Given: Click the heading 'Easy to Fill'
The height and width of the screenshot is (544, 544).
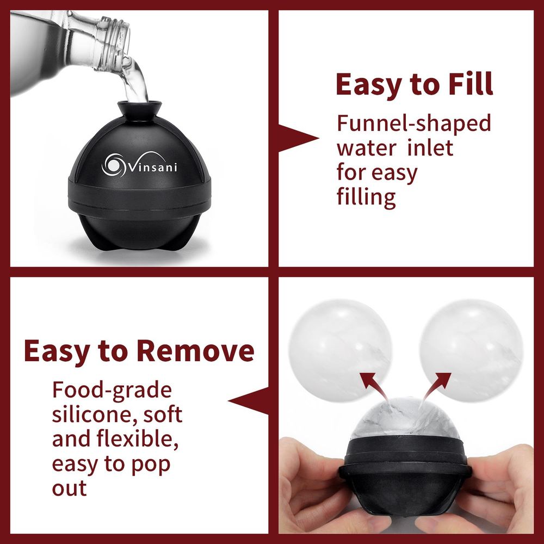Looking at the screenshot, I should pos(414,84).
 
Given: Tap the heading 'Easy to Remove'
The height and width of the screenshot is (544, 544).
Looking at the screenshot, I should pos(139,351).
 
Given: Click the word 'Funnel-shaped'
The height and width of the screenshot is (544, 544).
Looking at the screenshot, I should pos(413,123).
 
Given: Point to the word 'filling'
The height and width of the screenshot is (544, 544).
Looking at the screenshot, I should pos(366,196).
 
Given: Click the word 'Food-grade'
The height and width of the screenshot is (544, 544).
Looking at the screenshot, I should pos(112,390).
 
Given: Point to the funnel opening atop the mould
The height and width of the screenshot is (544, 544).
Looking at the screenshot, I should pos(139,104).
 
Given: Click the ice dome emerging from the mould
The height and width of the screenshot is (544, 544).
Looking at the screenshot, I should pos(403,419).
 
